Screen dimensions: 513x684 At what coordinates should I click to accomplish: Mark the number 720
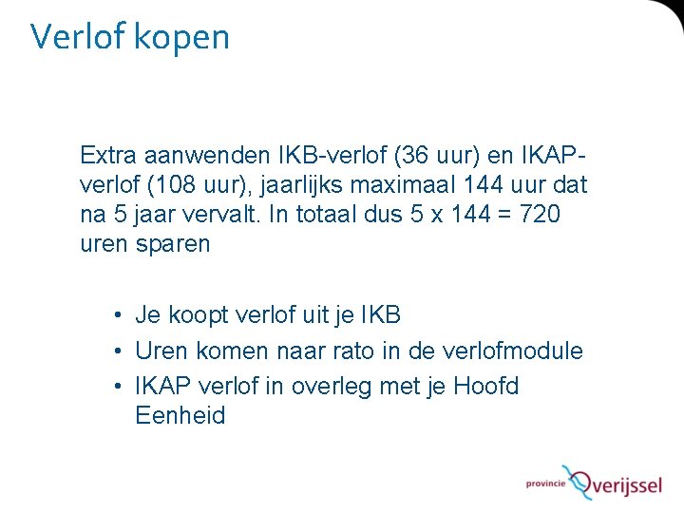pyautogui.click(x=539, y=215)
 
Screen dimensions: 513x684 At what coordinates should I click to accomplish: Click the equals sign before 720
pyautogui.click(x=503, y=216)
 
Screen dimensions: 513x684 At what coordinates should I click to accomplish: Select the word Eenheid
pyautogui.click(x=180, y=416)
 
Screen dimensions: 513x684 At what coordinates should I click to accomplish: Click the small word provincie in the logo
pyautogui.click(x=545, y=483)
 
